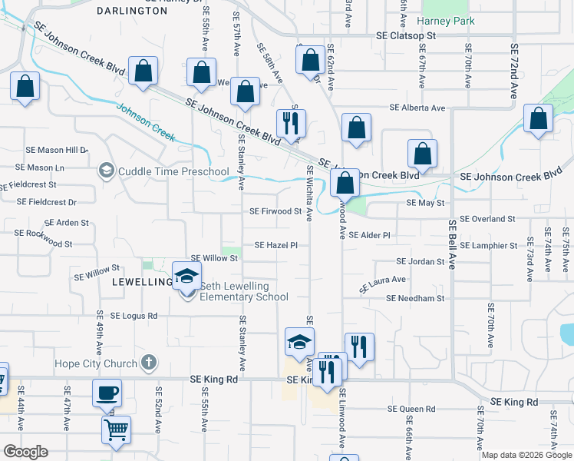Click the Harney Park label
coord(442,21)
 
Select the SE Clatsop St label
coord(406,35)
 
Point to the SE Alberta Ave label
coord(417,108)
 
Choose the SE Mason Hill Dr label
coord(57,150)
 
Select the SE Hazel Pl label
coord(275,245)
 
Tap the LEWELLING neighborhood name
coord(143,282)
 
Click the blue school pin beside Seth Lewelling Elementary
coord(186,276)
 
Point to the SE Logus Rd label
coord(134,316)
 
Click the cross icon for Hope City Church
coord(149,361)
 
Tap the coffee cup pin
coord(107,393)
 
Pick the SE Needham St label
coord(415,298)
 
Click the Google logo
coord(25,452)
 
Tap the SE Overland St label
coord(483,219)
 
